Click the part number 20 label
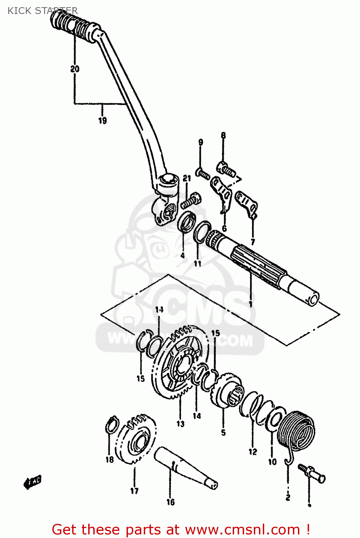75,69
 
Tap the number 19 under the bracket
103,121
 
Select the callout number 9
201,142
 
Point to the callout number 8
223,136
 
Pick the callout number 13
180,424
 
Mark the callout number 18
110,459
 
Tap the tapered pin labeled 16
185,468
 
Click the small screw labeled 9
203,174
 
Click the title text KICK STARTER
42,11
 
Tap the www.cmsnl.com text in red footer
242,530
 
